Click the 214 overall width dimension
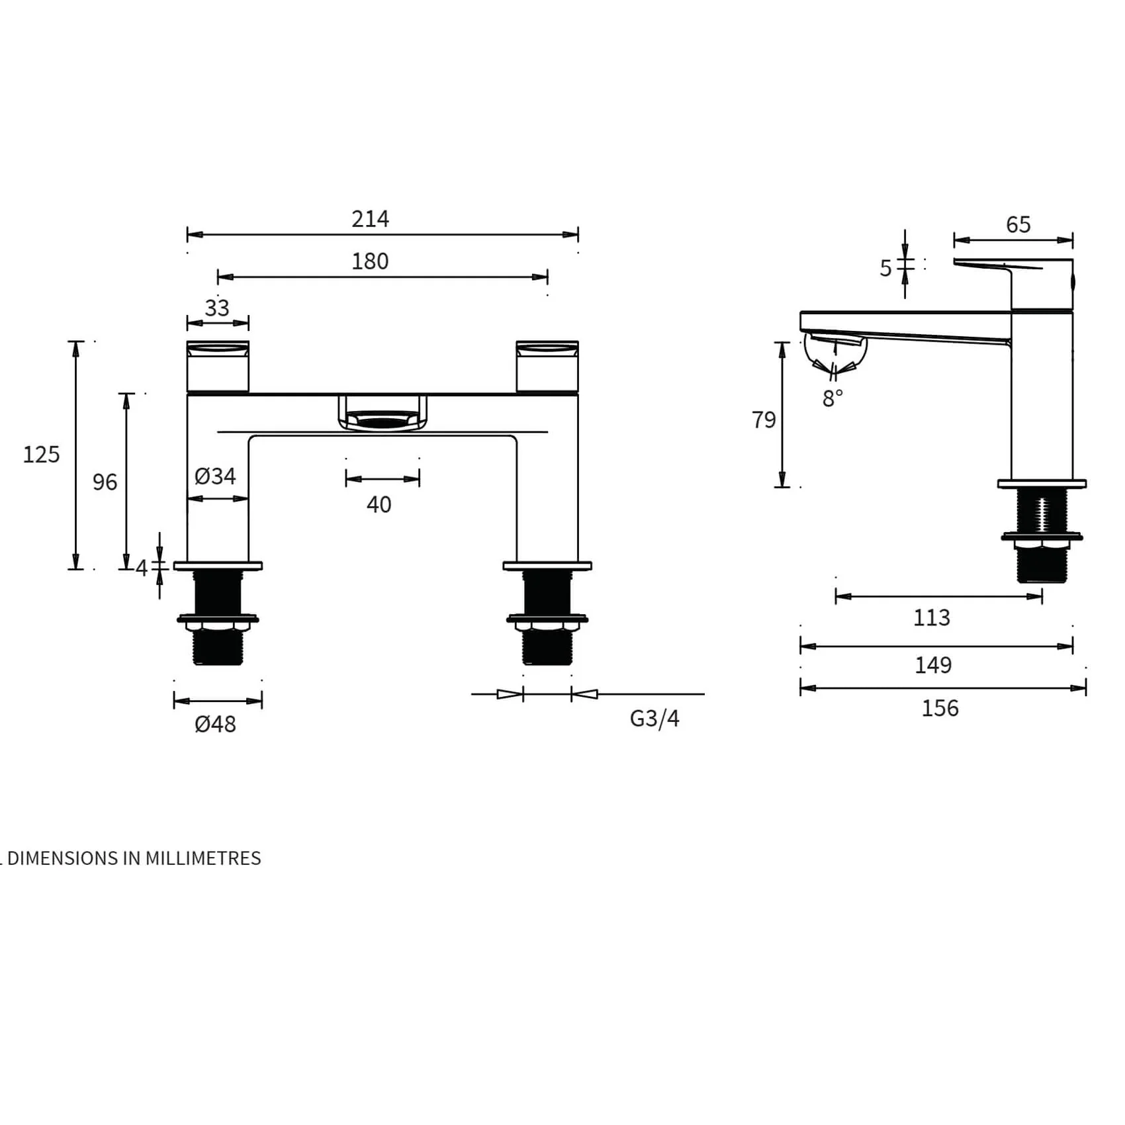click(x=370, y=218)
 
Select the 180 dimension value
click(x=370, y=261)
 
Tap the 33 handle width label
click(x=217, y=308)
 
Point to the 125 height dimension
click(x=41, y=455)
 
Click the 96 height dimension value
click(x=105, y=482)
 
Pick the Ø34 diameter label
click(x=215, y=476)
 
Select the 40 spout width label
click(x=379, y=505)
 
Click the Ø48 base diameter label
click(x=215, y=724)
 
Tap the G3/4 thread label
click(x=654, y=719)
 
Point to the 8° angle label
click(x=832, y=398)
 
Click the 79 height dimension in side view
click(x=764, y=420)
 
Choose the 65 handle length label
click(x=1018, y=225)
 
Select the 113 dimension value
click(x=931, y=618)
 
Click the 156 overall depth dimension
click(x=940, y=709)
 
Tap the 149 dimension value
click(x=933, y=665)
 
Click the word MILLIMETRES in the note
click(x=203, y=858)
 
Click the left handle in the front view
click(x=218, y=367)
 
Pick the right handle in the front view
click(x=547, y=367)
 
